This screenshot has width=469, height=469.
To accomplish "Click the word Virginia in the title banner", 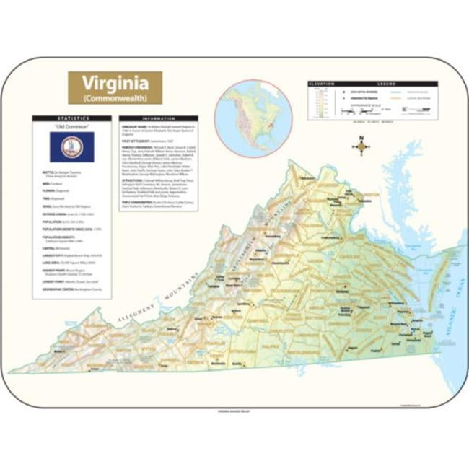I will click(115, 82).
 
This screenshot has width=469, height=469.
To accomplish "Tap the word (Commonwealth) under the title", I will click(115, 96).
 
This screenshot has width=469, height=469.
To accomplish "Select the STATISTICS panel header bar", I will click(71, 118).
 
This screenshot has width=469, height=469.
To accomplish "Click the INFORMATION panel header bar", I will click(158, 118).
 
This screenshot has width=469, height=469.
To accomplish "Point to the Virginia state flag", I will click(71, 146).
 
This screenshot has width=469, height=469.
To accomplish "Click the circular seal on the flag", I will click(71, 146).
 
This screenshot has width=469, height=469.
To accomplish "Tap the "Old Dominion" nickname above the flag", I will click(71, 126).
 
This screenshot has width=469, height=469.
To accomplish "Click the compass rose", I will click(361, 146).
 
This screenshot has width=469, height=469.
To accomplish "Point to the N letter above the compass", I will click(361, 136).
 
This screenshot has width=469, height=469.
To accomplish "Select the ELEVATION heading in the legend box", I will click(323, 84).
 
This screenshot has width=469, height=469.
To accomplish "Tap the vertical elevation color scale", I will click(315, 105).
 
